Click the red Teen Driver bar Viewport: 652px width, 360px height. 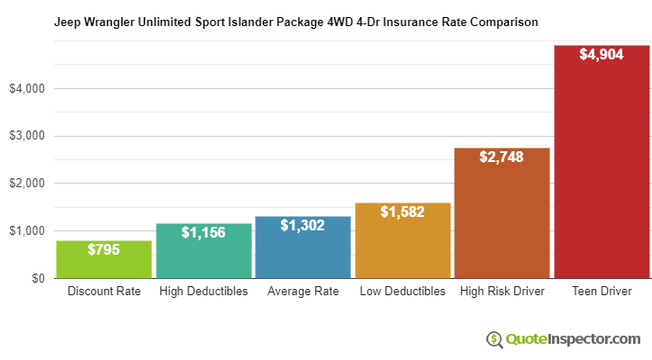[x=602, y=162]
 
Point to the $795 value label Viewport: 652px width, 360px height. [x=104, y=249]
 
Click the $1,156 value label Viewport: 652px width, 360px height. [x=204, y=232]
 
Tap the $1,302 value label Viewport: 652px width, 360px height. [x=303, y=225]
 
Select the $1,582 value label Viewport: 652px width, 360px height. [x=403, y=211]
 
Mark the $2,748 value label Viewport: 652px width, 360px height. [x=502, y=157]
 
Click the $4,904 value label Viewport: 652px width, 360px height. [x=602, y=55]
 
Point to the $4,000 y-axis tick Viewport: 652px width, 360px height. [x=26, y=89]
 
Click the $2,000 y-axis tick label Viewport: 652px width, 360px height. [x=26, y=184]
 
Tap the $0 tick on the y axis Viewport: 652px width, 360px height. [x=36, y=278]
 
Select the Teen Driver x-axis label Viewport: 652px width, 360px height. [x=602, y=292]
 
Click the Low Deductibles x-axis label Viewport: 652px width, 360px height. [x=403, y=292]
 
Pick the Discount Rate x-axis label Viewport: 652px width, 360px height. [x=104, y=292]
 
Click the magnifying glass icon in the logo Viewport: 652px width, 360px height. [x=494, y=339]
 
